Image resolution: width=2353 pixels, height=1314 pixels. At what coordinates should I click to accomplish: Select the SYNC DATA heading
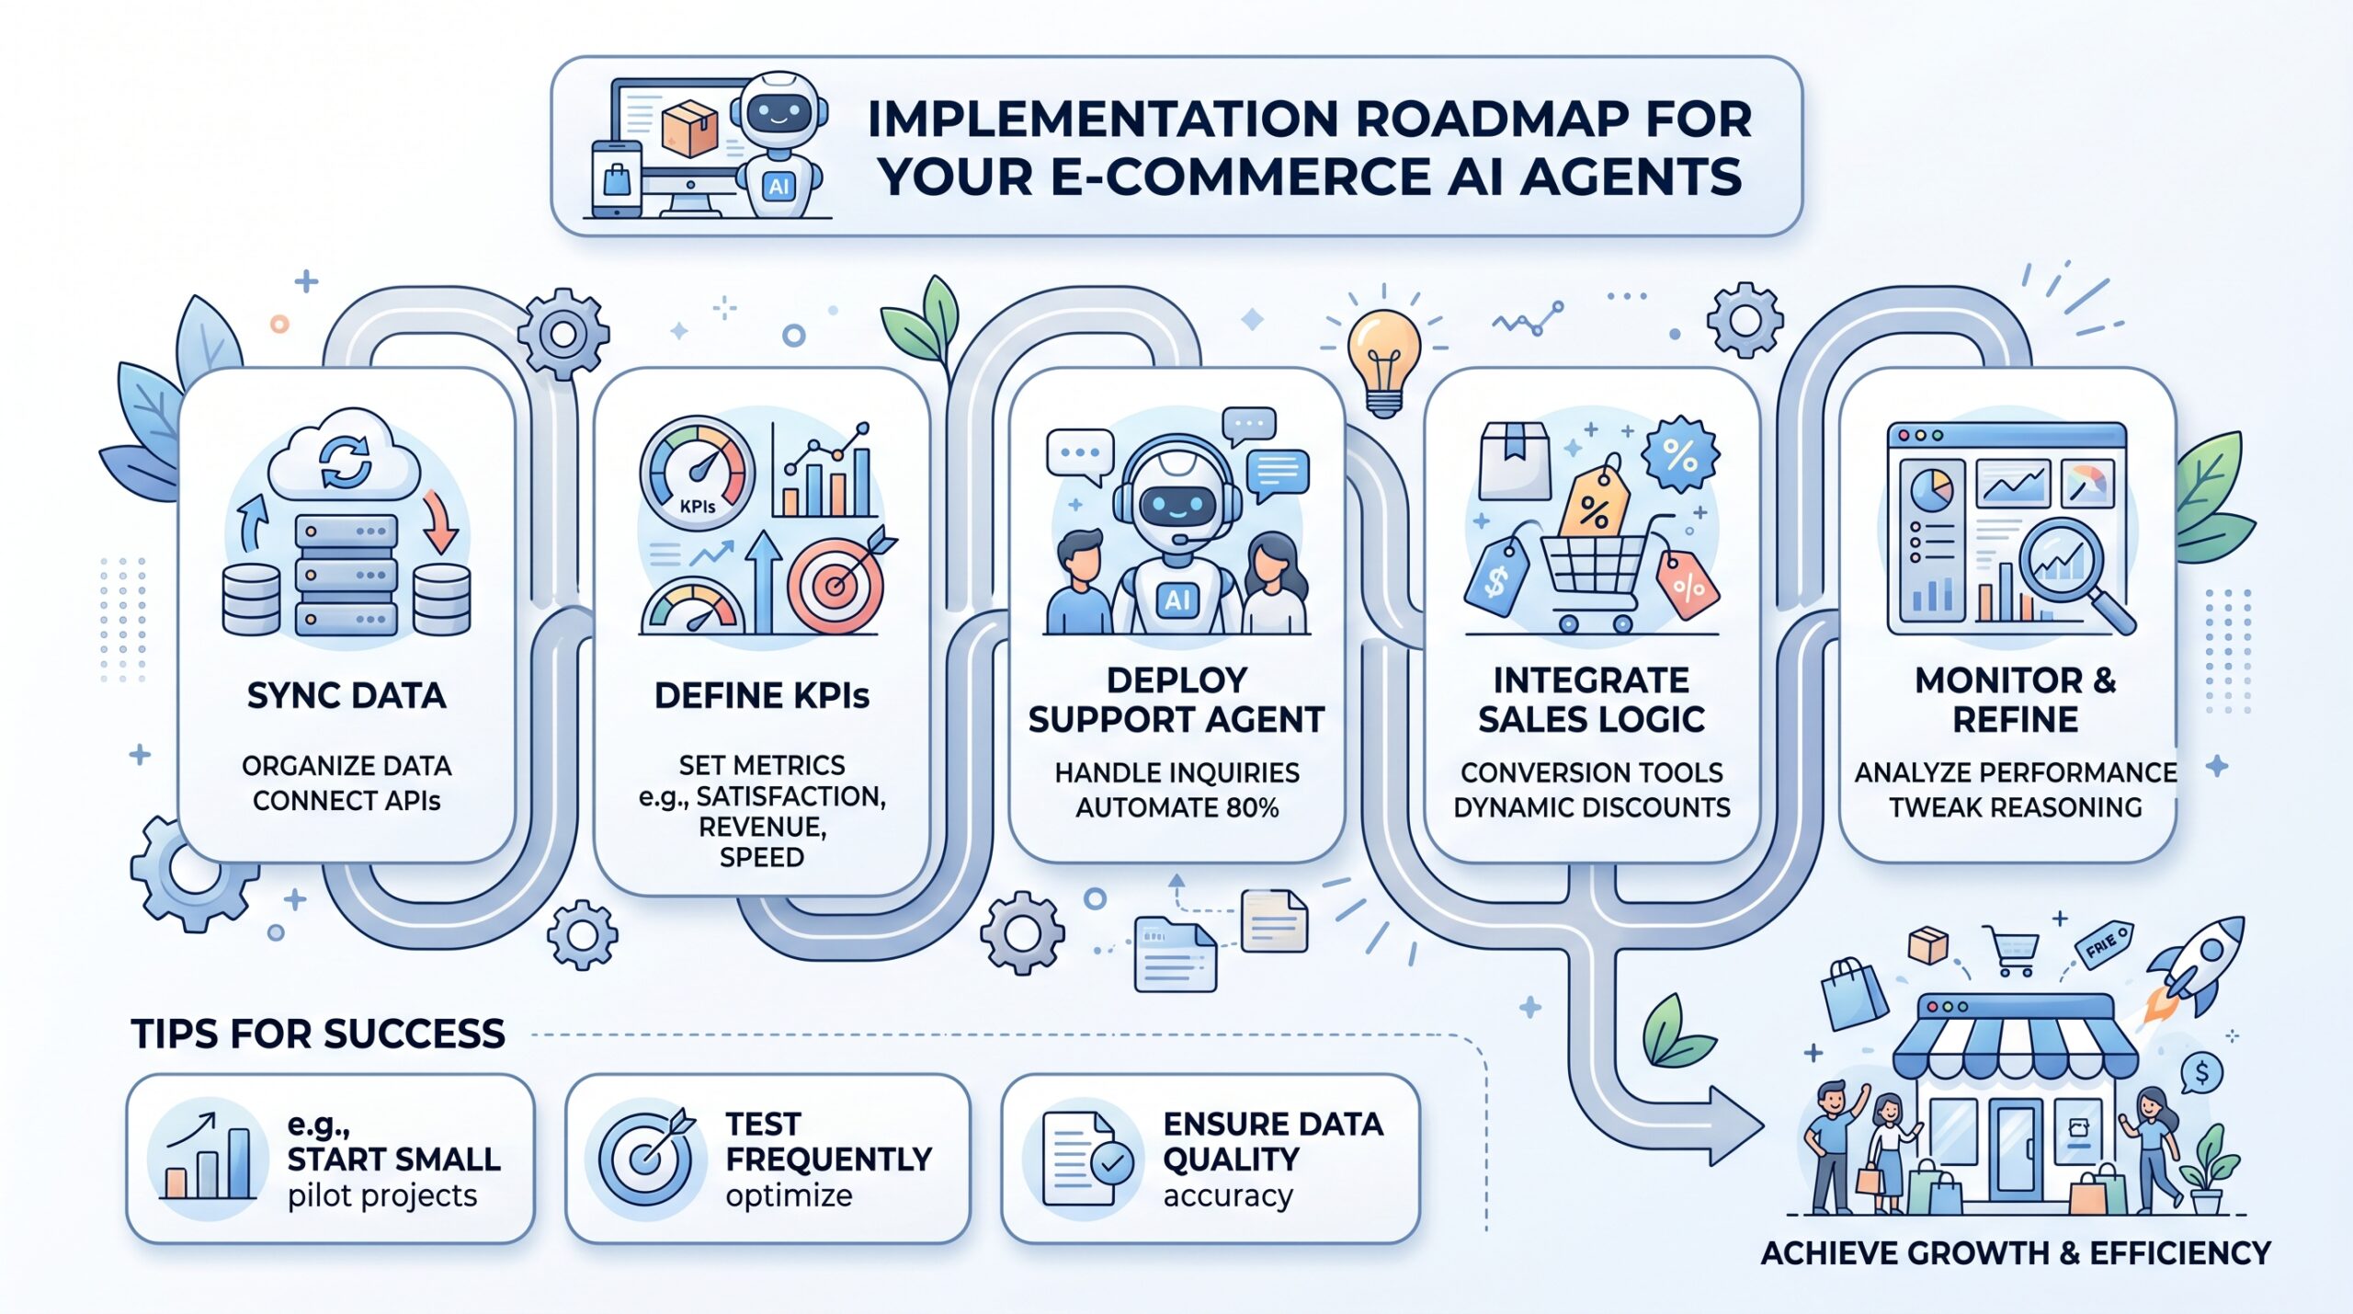click(x=347, y=696)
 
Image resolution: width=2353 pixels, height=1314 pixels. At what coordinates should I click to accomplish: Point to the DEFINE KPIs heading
click(x=762, y=696)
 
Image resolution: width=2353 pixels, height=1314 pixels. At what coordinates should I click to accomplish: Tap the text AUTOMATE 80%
click(x=1177, y=808)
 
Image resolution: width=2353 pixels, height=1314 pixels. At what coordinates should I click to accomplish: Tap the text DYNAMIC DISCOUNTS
click(x=1592, y=808)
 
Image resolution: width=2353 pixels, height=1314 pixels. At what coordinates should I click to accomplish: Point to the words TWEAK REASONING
click(x=2016, y=808)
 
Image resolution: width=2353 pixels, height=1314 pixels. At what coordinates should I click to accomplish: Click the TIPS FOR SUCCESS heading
click(x=318, y=1034)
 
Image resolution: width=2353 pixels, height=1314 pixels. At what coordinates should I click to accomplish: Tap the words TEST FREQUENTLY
click(x=828, y=1142)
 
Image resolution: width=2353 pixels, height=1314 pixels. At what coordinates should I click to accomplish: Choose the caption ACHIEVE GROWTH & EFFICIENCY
click(x=2015, y=1254)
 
